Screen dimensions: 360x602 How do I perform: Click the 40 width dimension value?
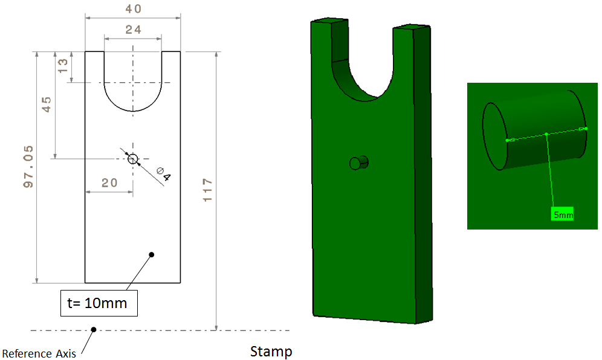click(x=132, y=9)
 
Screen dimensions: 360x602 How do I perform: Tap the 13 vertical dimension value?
click(x=62, y=66)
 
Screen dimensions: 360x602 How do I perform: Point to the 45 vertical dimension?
click(x=46, y=104)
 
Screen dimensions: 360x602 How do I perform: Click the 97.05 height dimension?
click(x=28, y=167)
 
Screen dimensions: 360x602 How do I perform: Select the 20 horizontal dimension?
click(x=109, y=183)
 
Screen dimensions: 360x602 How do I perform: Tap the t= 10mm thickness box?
click(x=100, y=303)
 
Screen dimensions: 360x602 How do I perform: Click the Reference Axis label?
click(x=39, y=353)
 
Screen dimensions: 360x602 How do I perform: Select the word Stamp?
click(x=271, y=352)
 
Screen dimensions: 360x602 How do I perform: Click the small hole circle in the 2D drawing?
click(x=133, y=159)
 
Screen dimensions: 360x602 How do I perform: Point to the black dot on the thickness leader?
click(x=152, y=255)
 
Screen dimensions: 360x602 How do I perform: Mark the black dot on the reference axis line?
click(x=93, y=330)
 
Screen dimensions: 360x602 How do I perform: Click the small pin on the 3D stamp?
click(x=359, y=162)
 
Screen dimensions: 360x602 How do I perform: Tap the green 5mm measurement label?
click(x=562, y=214)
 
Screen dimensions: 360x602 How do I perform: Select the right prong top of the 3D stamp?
click(x=412, y=27)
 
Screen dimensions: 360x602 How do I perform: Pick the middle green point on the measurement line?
click(x=546, y=134)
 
